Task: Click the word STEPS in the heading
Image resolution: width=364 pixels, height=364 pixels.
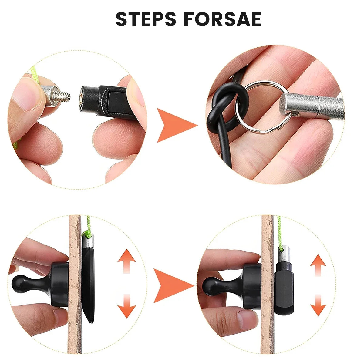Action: click(146, 19)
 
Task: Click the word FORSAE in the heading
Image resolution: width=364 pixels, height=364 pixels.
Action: click(223, 19)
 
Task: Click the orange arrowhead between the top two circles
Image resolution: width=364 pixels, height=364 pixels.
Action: click(175, 126)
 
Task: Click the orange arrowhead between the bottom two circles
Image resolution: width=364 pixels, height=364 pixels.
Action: click(172, 285)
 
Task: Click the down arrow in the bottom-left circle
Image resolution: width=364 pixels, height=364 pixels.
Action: click(127, 306)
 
